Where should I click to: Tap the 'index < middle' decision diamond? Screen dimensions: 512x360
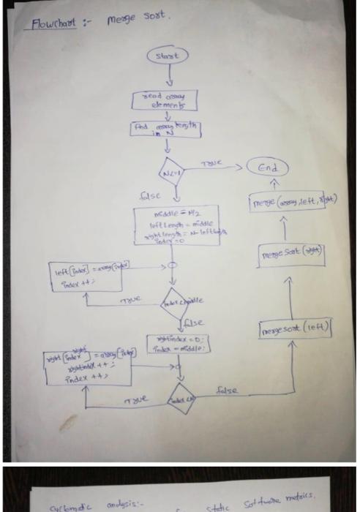pos(175,301)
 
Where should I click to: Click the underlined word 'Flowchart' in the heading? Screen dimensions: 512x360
pos(53,23)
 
